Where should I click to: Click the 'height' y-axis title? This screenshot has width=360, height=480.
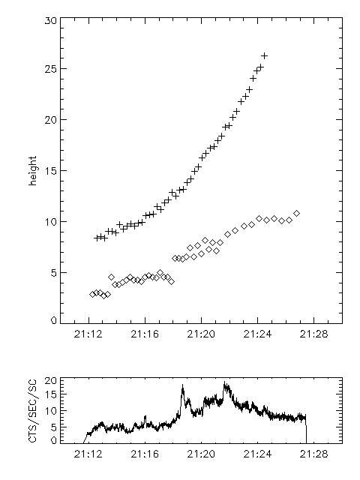(x=32, y=170)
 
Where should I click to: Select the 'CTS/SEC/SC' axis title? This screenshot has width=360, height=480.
(x=32, y=410)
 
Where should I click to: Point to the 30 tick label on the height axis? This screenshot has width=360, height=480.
(x=50, y=21)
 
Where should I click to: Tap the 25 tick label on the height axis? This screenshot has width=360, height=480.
(x=50, y=69)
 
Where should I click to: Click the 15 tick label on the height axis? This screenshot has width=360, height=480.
(x=50, y=171)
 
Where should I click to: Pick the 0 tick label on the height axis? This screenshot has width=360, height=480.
(x=54, y=320)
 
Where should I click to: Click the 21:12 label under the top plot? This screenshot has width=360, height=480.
(x=88, y=334)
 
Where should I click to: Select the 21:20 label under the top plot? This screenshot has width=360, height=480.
(x=201, y=334)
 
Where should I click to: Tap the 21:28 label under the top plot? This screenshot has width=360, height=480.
(x=313, y=334)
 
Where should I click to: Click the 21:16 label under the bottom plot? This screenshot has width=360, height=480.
(x=145, y=454)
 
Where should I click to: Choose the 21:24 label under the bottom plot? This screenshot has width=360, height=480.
(x=257, y=454)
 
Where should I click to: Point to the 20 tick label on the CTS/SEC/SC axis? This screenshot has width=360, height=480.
(x=50, y=381)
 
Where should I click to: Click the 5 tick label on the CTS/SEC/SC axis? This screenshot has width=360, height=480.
(x=54, y=427)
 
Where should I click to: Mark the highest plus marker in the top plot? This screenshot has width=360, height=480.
(x=264, y=55)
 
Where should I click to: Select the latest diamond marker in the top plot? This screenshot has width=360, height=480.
(x=296, y=213)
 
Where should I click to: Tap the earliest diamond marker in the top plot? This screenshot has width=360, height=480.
(x=92, y=294)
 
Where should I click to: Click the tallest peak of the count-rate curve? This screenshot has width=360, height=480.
(x=224, y=382)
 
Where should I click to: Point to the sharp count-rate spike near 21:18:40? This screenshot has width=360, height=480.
(x=183, y=385)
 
